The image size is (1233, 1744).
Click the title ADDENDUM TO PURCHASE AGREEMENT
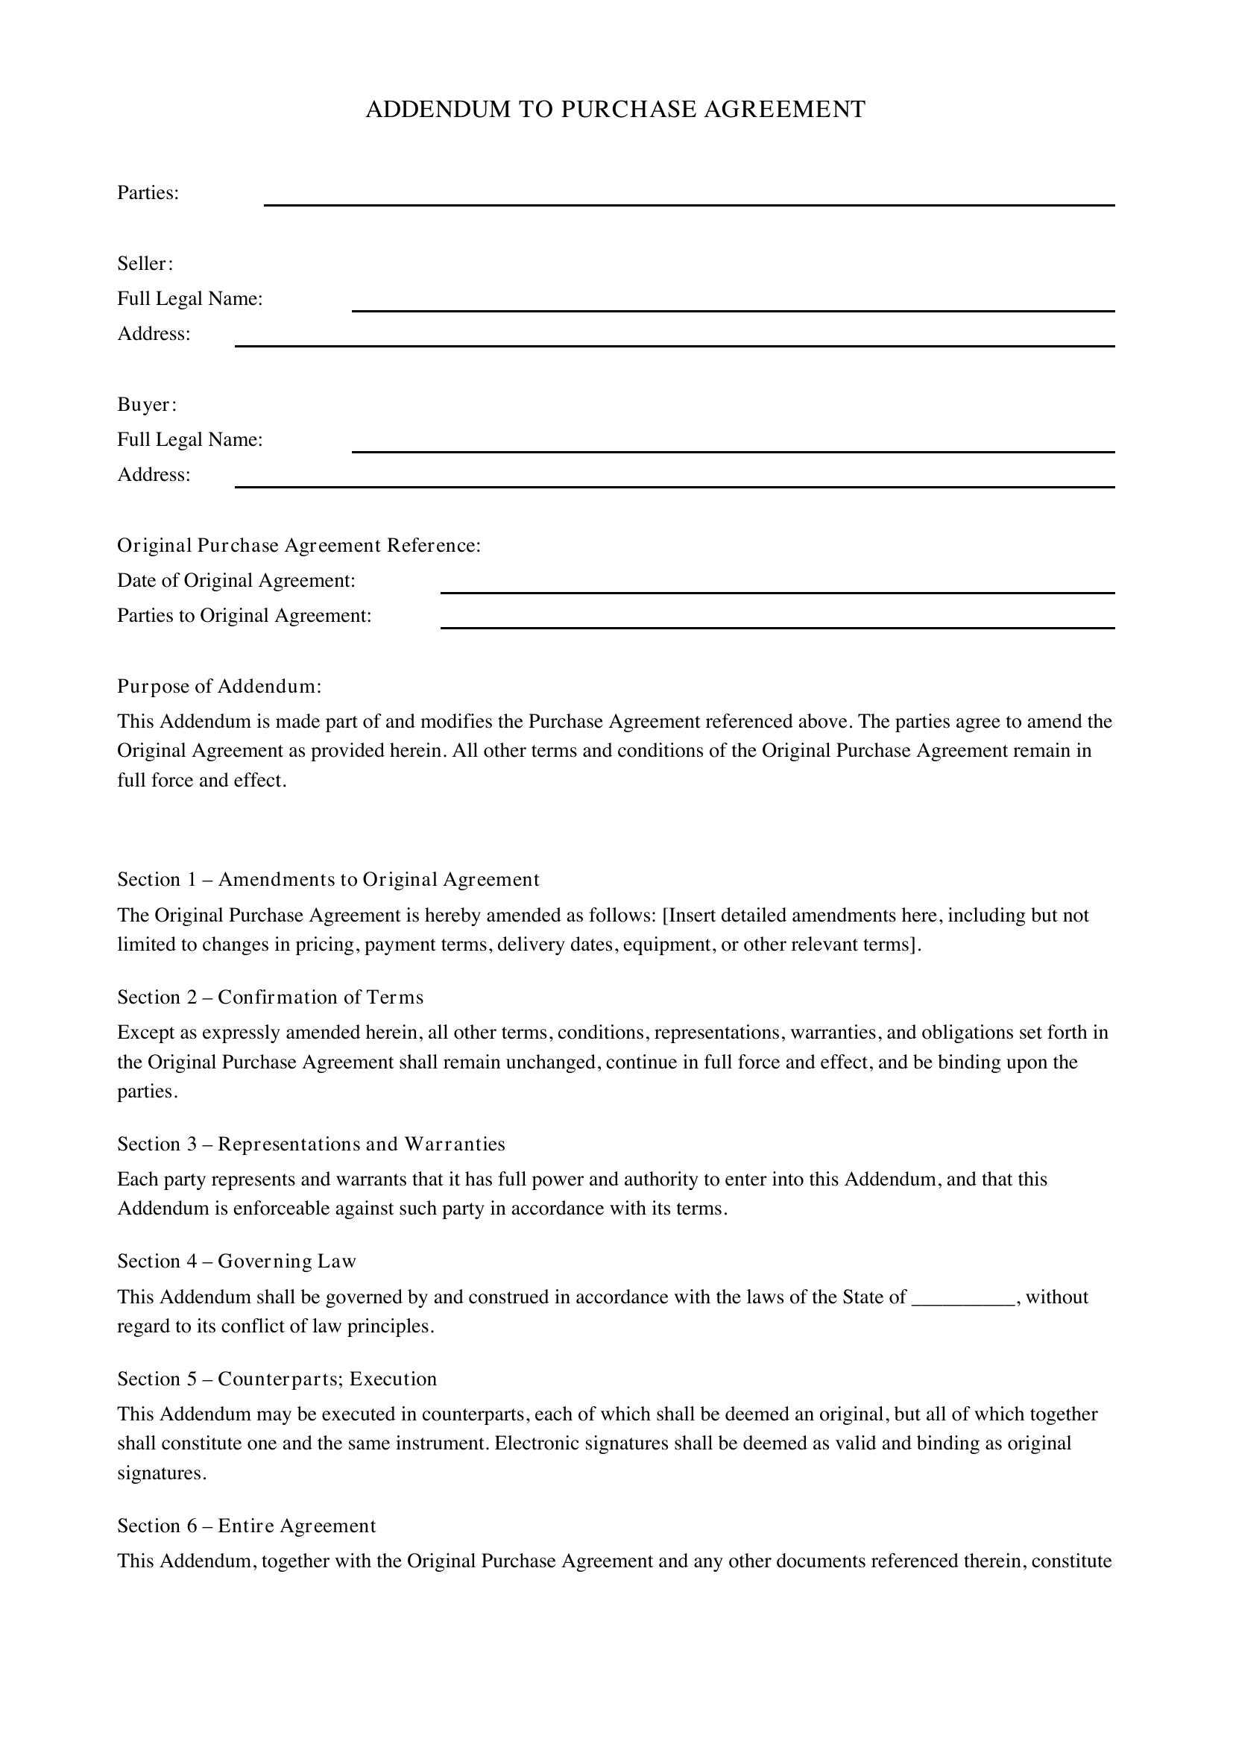tap(615, 110)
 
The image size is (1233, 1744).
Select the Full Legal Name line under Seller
tap(733, 306)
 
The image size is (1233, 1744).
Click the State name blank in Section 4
tap(962, 1297)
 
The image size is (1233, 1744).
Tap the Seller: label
tap(145, 263)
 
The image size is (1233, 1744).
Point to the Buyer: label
tap(147, 405)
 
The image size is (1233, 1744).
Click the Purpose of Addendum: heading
tap(219, 687)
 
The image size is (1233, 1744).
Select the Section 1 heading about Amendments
tap(328, 880)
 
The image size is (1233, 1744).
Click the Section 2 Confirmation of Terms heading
tap(271, 998)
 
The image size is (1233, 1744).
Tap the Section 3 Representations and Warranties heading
tap(312, 1144)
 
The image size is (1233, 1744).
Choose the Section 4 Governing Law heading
tap(237, 1262)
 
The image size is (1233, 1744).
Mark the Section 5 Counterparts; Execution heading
tap(277, 1379)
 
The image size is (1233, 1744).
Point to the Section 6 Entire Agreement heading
tap(247, 1526)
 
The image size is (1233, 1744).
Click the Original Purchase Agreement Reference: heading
tap(299, 545)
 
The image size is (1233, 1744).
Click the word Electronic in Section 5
tap(530, 1444)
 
